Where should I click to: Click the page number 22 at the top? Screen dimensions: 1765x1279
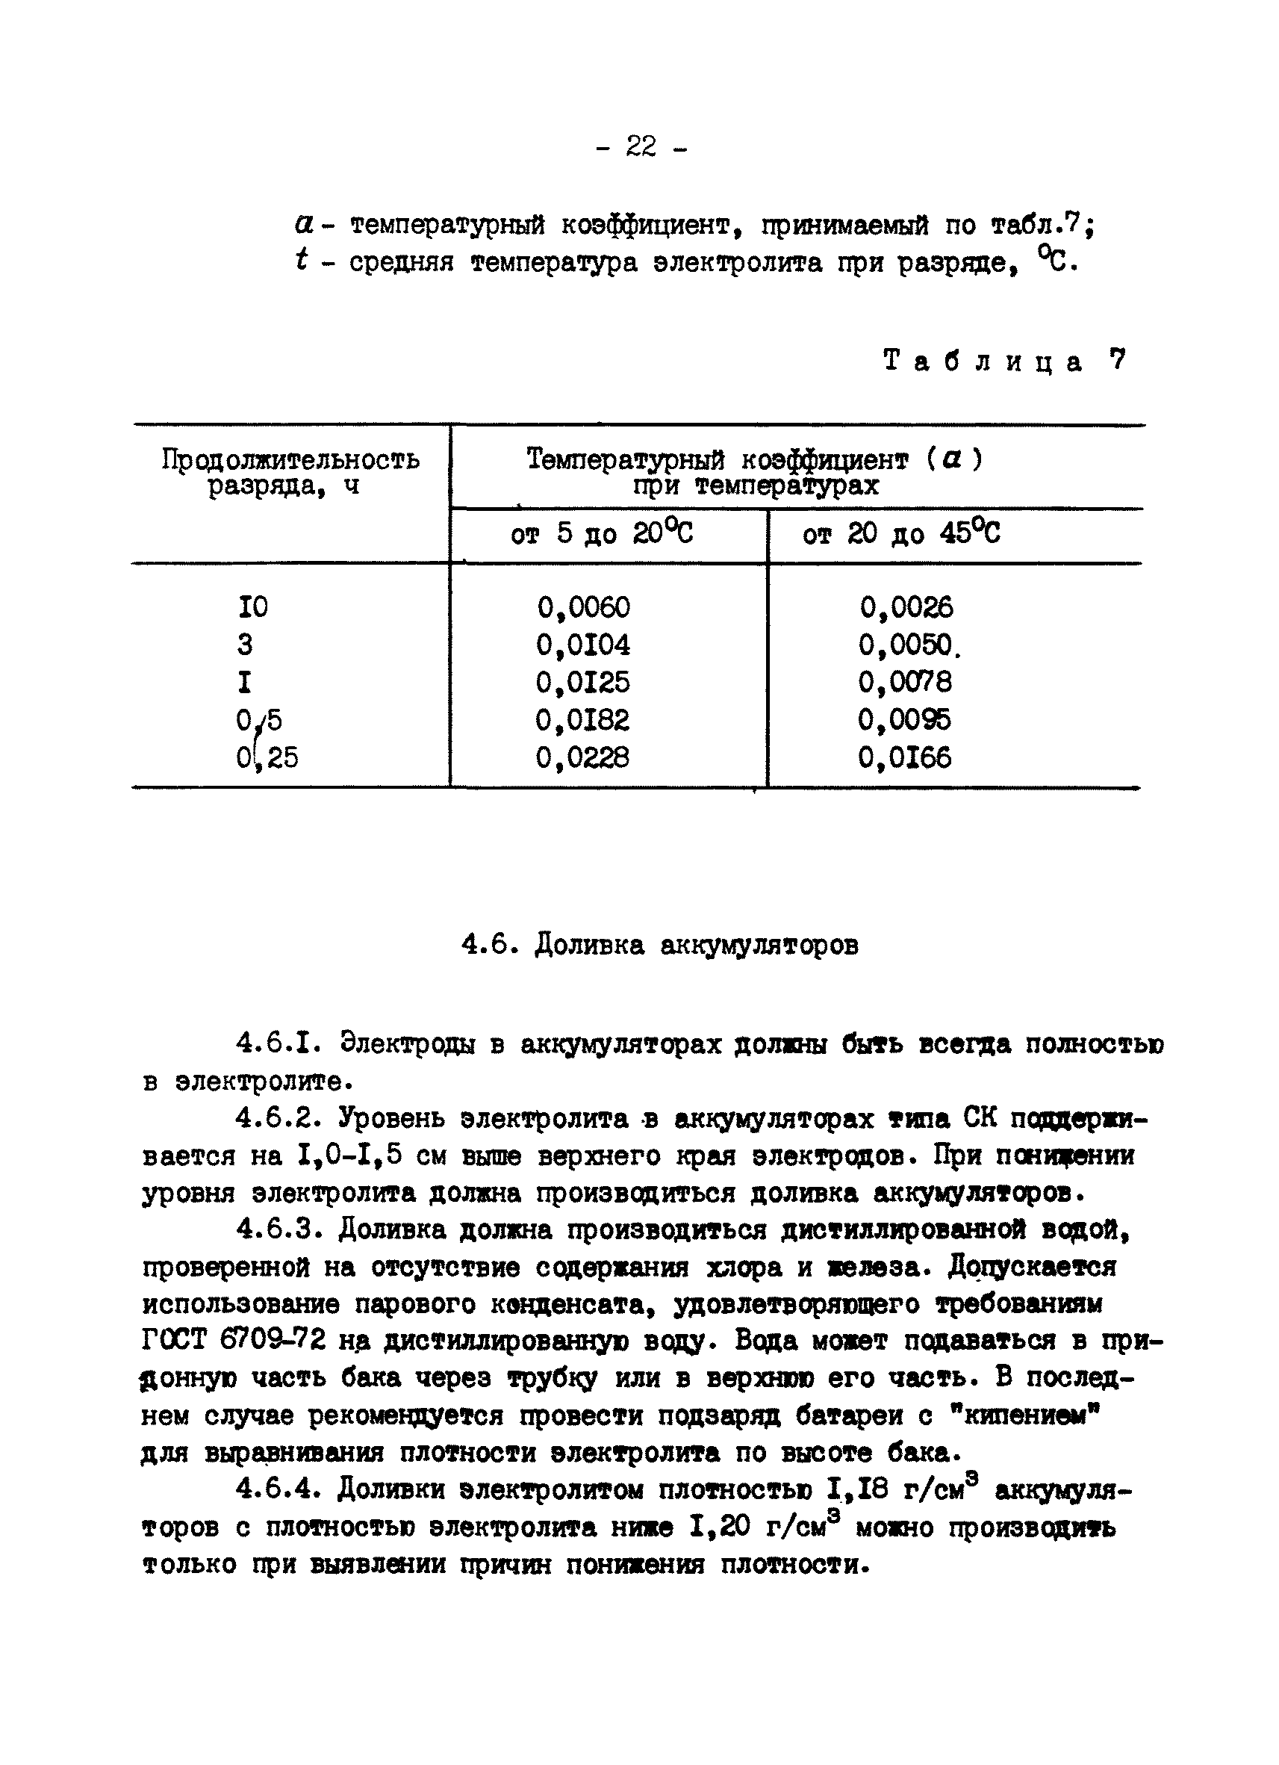[x=641, y=146]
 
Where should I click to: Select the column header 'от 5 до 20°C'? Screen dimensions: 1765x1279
[x=601, y=534]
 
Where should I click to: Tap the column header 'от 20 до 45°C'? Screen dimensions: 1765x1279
[x=901, y=534]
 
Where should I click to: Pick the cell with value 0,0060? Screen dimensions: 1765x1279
[x=583, y=608]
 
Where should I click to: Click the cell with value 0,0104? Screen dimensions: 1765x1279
[x=583, y=645]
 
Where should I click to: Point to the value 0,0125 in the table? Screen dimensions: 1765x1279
[x=583, y=683]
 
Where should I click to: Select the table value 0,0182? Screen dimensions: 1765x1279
[x=583, y=720]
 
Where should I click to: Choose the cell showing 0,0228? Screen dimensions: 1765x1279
[x=583, y=757]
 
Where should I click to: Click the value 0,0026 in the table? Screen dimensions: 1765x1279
[x=906, y=608]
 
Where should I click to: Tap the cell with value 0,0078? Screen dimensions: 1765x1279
[x=906, y=683]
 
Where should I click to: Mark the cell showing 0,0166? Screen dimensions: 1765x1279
[x=906, y=757]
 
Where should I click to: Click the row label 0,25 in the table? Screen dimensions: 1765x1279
[x=267, y=757]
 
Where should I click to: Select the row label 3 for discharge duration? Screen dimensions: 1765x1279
[x=245, y=645]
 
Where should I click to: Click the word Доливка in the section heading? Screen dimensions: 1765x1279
[x=590, y=946]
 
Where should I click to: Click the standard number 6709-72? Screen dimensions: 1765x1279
[x=273, y=1340]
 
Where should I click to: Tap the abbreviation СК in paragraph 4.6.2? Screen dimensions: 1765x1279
[x=980, y=1119]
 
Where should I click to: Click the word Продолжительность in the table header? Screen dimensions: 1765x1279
[x=290, y=461]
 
